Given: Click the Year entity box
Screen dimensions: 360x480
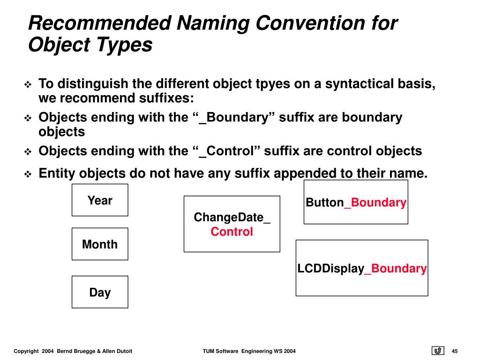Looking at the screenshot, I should point(100,200).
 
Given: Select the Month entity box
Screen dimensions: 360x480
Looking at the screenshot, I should point(100,244).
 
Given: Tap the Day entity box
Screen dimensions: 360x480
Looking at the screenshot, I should point(100,292).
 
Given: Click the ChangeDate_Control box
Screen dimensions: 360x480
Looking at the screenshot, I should point(232,224).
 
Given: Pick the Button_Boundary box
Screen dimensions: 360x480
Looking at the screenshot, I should point(356,202).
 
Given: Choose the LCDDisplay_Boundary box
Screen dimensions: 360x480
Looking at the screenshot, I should point(361,268).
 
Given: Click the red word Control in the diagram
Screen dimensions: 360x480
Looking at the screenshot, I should point(232,232).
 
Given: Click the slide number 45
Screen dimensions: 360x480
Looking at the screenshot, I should point(455,352).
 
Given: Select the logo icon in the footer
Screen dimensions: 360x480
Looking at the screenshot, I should point(437,351).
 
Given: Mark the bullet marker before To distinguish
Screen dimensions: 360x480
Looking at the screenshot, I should point(28,85).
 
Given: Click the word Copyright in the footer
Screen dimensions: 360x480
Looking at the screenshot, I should point(26,352).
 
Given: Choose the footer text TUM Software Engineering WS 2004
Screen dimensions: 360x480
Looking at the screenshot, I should point(249,352).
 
